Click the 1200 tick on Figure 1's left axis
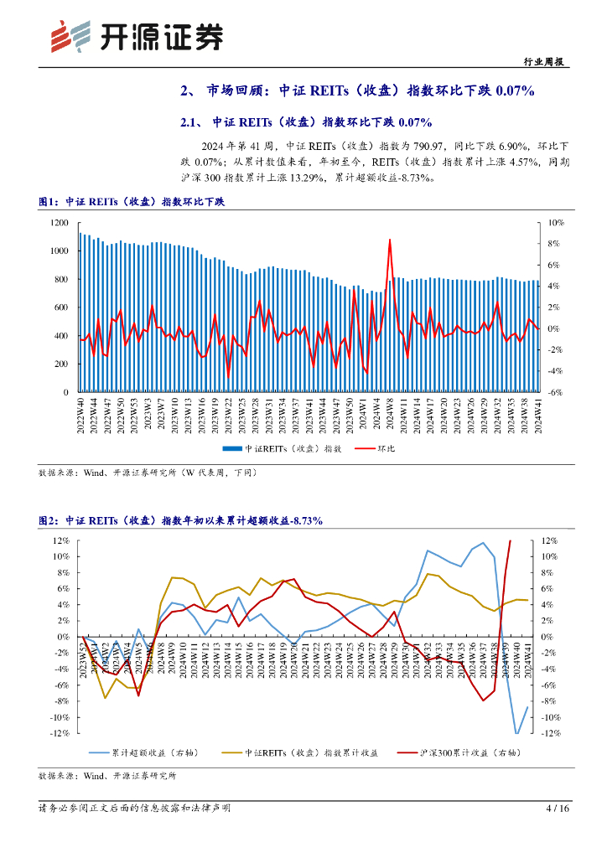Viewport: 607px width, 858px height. point(59,223)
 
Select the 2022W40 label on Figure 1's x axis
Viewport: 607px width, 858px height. point(80,416)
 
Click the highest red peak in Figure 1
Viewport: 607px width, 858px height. point(390,240)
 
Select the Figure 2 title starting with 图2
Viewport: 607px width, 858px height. point(180,520)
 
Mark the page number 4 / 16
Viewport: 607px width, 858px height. point(558,809)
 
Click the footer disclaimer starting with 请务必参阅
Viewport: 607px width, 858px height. point(135,809)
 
